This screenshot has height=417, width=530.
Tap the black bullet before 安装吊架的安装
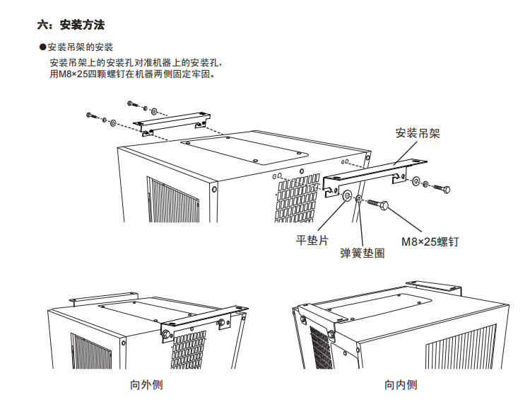coord(42,48)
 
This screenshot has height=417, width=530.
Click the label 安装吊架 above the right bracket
coord(418,133)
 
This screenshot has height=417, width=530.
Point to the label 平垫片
coord(312,240)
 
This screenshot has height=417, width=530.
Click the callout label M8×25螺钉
coord(430,241)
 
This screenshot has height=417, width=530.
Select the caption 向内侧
coord(401,385)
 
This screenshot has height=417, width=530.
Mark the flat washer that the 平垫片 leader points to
coord(347,195)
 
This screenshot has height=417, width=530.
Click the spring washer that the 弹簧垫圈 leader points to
coord(359,198)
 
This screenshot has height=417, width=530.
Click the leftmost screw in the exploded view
coord(91,115)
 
